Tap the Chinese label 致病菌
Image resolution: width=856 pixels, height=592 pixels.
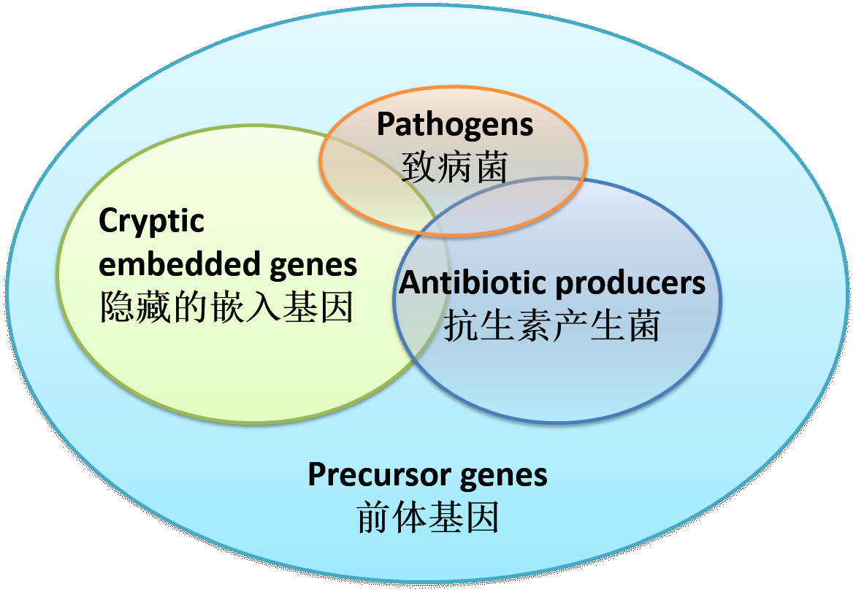[455, 167]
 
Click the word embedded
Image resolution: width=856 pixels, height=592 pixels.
[180, 264]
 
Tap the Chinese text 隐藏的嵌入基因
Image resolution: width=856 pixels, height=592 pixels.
[226, 307]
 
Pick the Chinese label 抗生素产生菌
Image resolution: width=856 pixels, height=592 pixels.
[552, 326]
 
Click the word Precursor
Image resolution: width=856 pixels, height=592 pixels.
[380, 474]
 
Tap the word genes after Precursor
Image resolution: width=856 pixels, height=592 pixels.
[503, 477]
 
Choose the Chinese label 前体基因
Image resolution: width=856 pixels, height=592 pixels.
[428, 518]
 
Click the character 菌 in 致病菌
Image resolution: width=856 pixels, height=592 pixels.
[492, 167]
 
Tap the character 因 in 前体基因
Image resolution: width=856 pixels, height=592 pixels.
[482, 518]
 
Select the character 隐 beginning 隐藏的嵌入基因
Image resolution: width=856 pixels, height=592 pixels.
[117, 307]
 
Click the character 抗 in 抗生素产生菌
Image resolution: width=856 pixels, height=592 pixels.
[462, 326]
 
